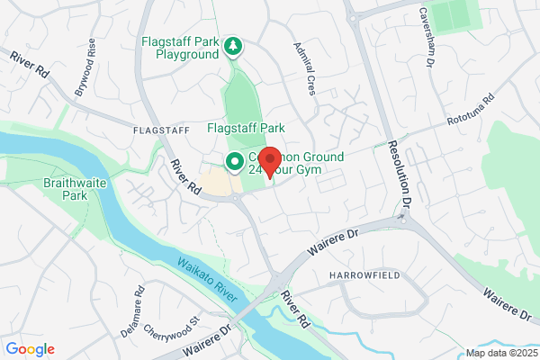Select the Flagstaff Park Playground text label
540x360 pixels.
tap(180, 48)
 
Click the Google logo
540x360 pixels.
tap(31, 349)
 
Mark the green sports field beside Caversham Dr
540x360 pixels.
tap(457, 15)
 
